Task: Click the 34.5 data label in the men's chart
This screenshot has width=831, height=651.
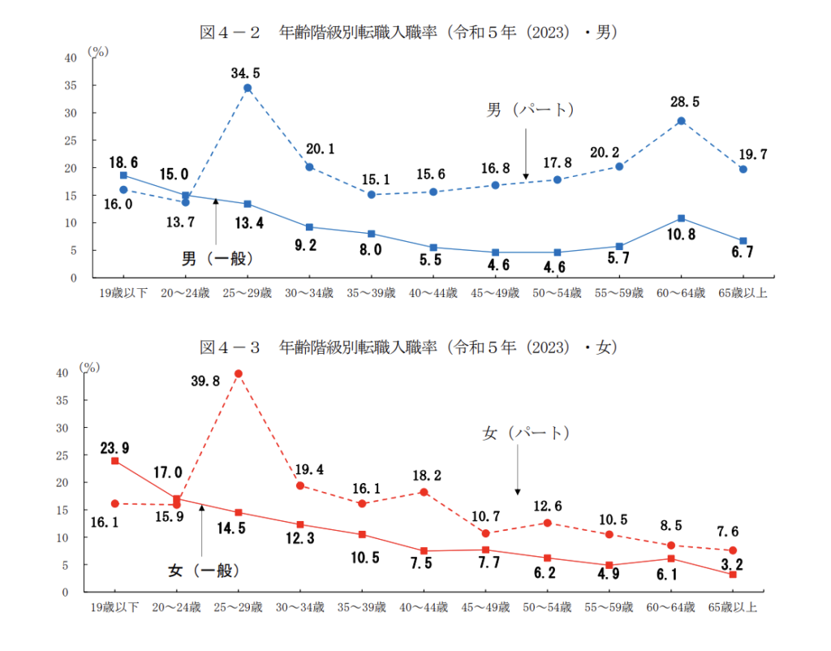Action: [x=247, y=73]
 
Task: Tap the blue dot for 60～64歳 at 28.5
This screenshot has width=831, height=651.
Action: [x=681, y=121]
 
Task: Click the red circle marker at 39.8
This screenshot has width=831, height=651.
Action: [x=239, y=373]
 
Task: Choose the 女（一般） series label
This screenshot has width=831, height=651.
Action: [x=205, y=570]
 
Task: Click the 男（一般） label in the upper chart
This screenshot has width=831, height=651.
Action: [x=217, y=259]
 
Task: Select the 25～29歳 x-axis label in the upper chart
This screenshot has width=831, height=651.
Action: [x=247, y=292]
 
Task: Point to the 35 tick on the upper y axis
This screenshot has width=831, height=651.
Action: [x=70, y=85]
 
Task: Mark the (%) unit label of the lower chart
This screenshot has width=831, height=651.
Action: [x=88, y=366]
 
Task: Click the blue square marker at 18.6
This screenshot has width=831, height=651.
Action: [x=123, y=175]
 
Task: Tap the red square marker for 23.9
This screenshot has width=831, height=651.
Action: [x=115, y=461]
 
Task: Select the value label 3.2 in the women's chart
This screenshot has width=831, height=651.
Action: [x=733, y=560]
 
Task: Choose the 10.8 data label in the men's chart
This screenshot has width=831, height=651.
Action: [x=680, y=242]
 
